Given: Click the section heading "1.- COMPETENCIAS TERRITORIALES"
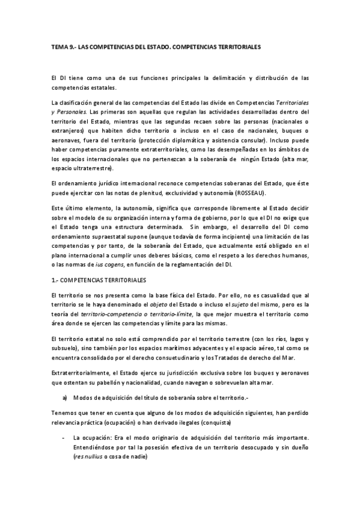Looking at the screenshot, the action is pos(95,280).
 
